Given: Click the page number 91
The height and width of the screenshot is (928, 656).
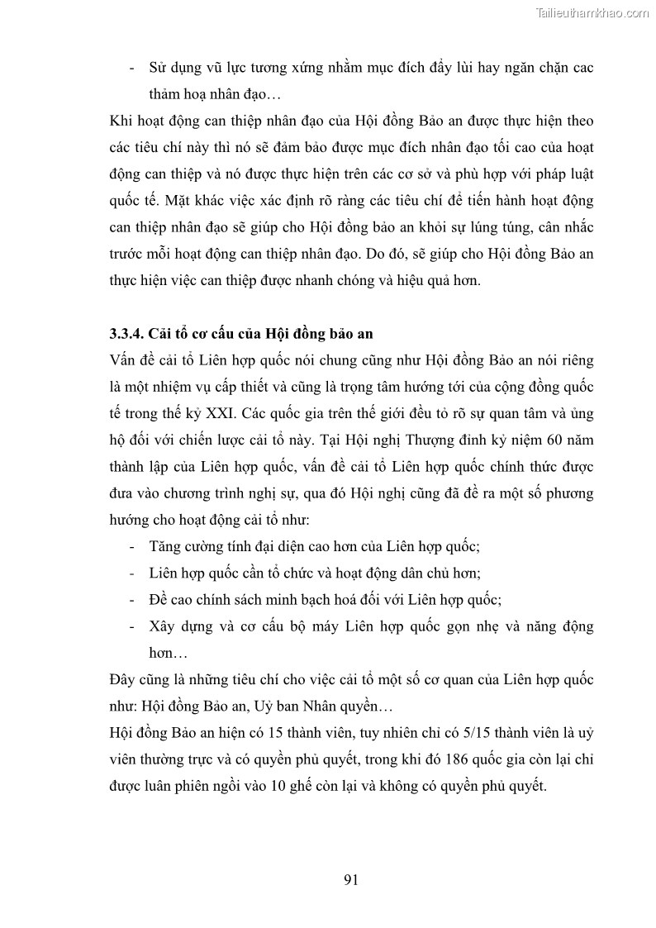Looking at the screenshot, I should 350,879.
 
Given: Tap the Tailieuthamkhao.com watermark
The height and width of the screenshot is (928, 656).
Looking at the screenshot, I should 592,12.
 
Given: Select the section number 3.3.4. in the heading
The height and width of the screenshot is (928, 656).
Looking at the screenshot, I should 128,335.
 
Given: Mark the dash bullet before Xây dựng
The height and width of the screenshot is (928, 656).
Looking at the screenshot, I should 134,626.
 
